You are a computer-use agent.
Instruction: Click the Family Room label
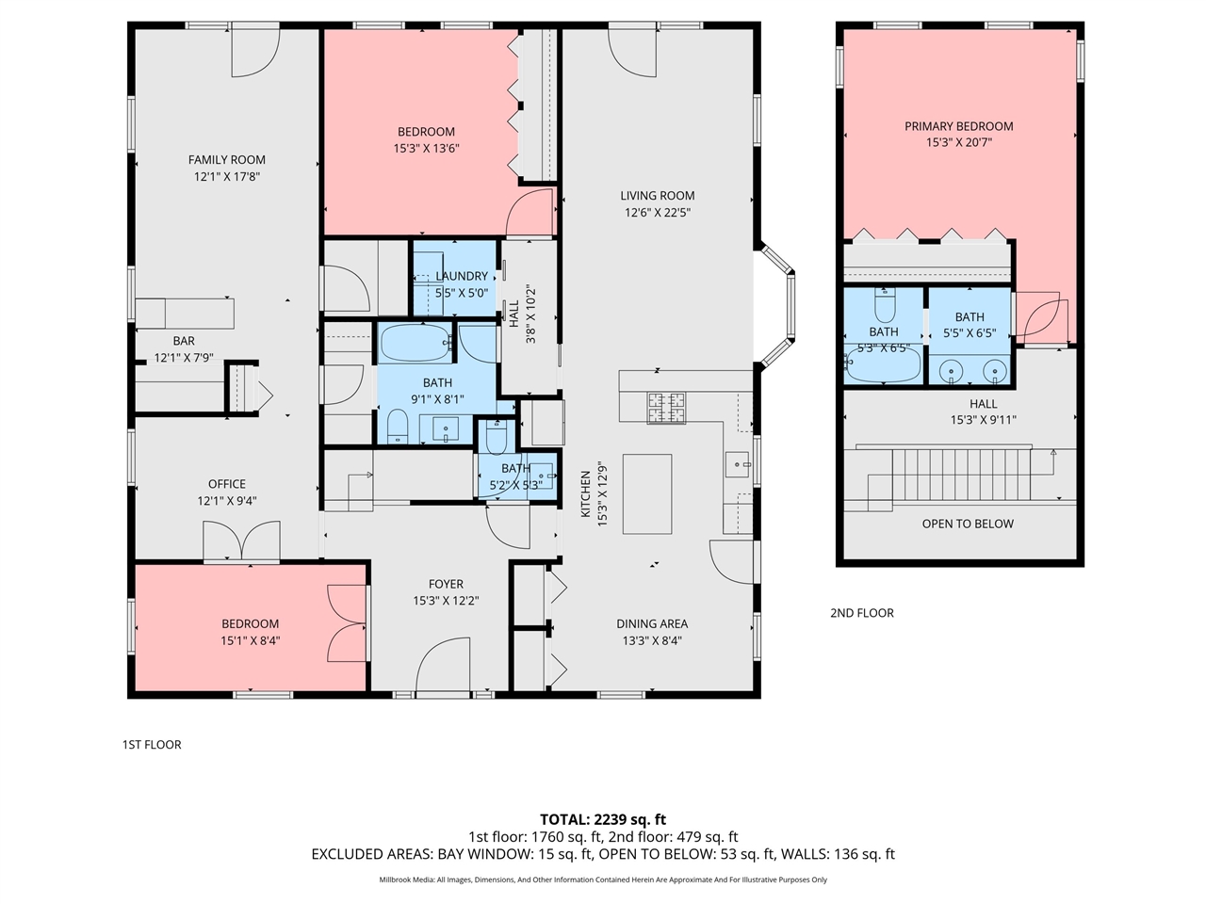tap(227, 160)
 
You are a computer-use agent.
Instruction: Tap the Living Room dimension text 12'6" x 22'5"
tap(657, 213)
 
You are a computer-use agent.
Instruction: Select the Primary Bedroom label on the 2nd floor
tap(958, 126)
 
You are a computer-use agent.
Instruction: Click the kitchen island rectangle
tap(647, 494)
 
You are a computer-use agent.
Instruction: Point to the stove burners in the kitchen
tap(666, 407)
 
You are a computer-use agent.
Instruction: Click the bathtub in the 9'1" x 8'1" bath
tap(415, 343)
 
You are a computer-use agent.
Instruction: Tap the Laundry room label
tap(462, 276)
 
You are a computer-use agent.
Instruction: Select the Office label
tap(227, 484)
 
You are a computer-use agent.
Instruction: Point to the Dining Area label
tap(652, 623)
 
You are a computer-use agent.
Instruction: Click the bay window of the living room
tap(780, 306)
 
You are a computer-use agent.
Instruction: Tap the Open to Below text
tap(968, 524)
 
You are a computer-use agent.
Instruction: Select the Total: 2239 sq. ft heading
tap(603, 819)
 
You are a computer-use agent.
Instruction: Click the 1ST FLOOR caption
tap(152, 744)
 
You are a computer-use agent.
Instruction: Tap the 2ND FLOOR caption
tap(861, 613)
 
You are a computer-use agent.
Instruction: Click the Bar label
tap(184, 341)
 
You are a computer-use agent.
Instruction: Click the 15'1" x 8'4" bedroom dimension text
tap(250, 640)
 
